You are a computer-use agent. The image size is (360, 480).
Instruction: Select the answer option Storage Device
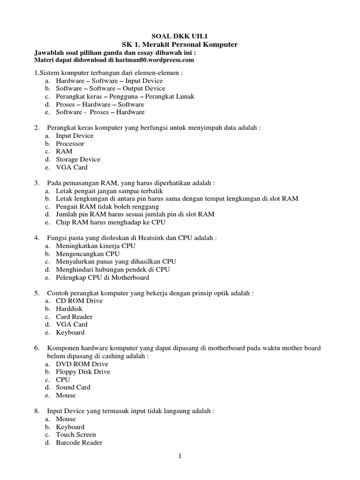point(78,159)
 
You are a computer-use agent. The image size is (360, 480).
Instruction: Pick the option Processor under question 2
point(70,143)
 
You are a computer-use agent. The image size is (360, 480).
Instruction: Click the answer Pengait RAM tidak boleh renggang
point(107,206)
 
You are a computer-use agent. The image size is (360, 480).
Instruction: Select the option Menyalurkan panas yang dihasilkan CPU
point(116,262)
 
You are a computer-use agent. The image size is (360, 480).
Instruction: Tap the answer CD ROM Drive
point(79,301)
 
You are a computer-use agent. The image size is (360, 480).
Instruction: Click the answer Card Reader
point(74,317)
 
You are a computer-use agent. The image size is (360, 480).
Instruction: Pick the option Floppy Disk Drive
point(83,372)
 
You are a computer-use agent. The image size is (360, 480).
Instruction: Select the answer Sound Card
point(73,387)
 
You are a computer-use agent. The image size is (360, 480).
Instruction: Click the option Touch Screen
point(76,435)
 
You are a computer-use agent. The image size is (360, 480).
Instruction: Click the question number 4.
point(36,238)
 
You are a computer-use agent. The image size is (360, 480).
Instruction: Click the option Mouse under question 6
point(66,395)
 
